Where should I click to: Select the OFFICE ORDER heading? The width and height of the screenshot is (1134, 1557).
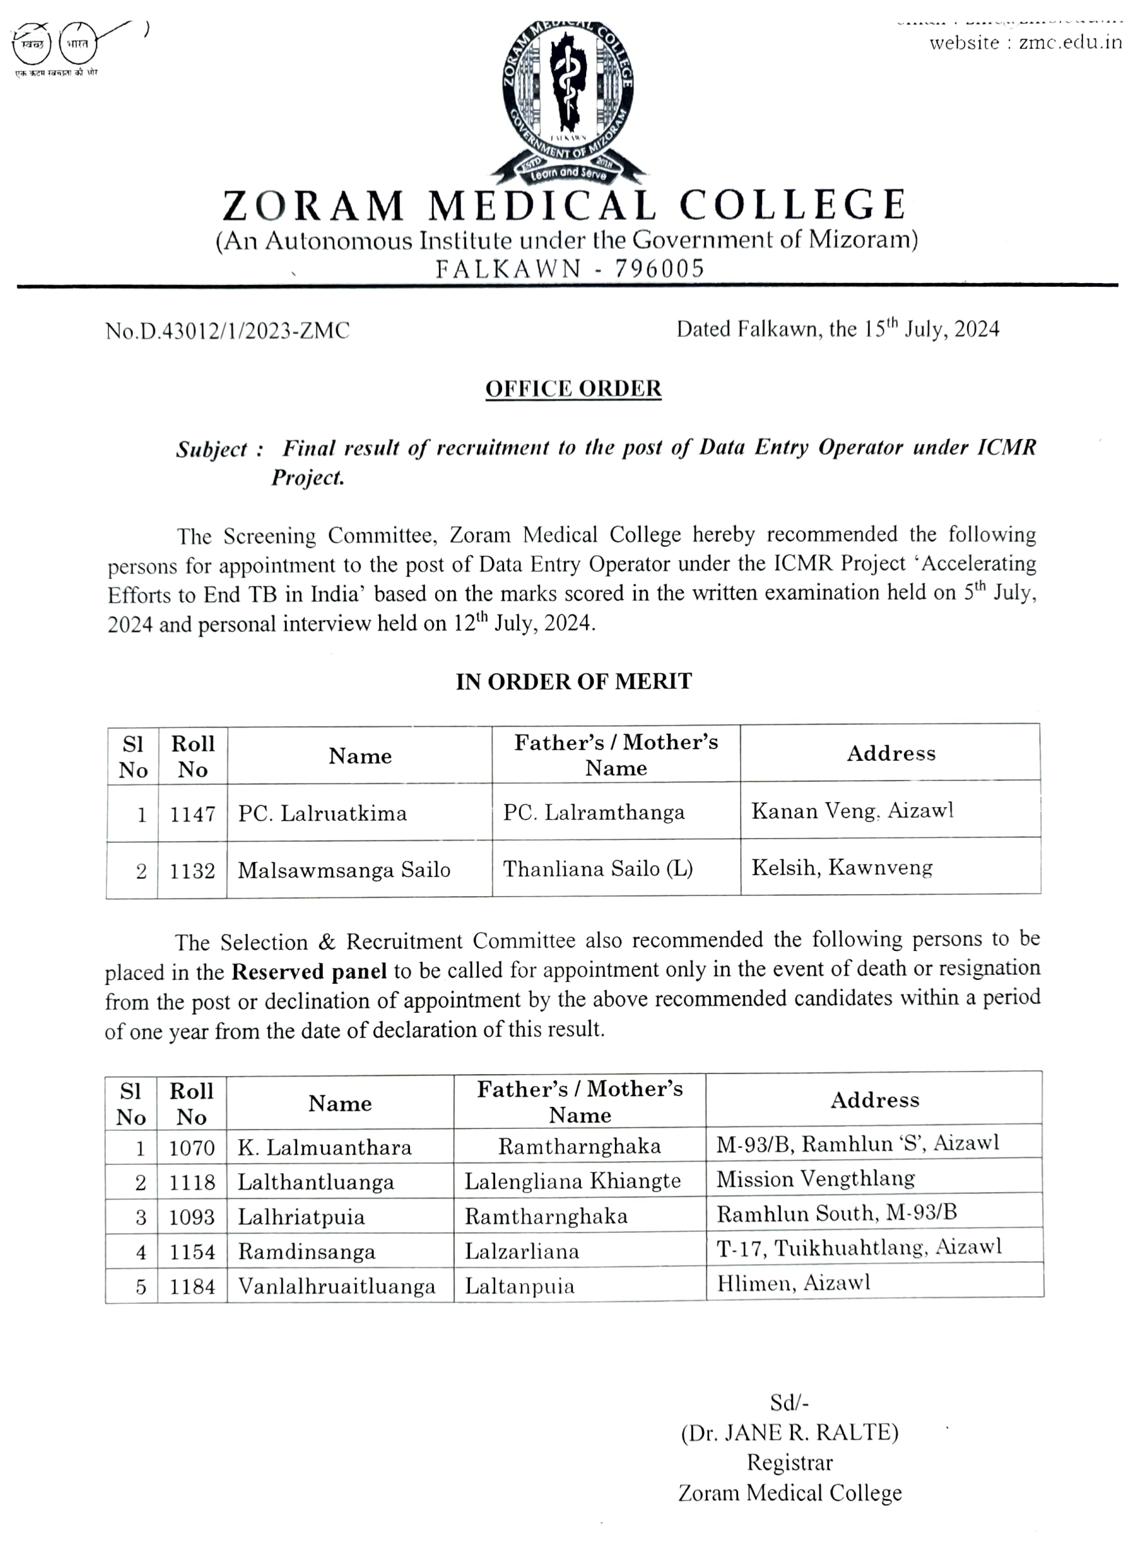point(573,389)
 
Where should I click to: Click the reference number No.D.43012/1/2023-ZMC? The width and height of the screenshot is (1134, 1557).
point(227,331)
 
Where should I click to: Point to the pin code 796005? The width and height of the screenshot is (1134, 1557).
point(659,268)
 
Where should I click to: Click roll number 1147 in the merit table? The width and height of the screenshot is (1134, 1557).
point(192,814)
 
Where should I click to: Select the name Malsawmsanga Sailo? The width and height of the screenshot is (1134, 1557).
point(344,870)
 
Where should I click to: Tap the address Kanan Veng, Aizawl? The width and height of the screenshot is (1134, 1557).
point(852,811)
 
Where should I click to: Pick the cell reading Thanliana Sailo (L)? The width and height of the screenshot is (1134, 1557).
point(597,869)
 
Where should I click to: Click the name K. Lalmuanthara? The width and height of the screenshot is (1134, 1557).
point(325,1148)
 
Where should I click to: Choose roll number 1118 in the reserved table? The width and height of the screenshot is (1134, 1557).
point(192,1182)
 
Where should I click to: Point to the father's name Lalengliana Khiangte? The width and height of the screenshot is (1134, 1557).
point(572,1180)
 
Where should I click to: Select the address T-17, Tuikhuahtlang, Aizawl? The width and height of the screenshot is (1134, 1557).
point(859,1248)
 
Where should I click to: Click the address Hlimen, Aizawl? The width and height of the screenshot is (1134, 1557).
point(793,1282)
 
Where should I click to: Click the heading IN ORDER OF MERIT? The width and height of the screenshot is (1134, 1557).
point(574,681)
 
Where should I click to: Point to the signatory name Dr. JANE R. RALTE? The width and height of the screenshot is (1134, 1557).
point(789,1433)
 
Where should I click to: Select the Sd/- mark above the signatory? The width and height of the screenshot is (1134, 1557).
point(788,1402)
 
